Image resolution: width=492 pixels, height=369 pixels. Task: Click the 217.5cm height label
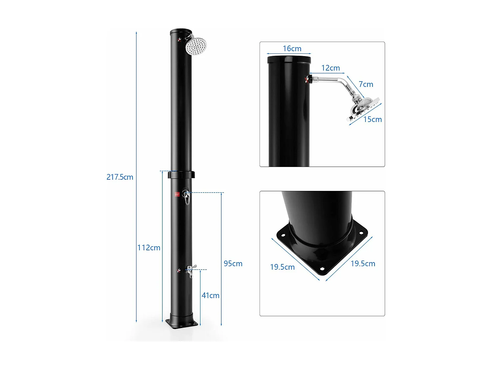coord(120,177)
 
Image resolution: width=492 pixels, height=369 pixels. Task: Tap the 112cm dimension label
coord(149,248)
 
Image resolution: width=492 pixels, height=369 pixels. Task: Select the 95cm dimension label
coord(233,264)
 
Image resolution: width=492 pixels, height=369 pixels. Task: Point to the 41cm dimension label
coord(210,296)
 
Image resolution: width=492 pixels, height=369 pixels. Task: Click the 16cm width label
coord(292,49)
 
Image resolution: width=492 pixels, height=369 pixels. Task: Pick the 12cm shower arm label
coord(330,68)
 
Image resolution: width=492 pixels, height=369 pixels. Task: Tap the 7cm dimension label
coord(366,84)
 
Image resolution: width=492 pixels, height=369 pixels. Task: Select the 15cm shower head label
coord(372,119)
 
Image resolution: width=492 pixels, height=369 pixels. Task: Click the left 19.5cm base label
coord(282,267)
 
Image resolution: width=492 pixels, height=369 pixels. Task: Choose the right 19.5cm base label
coord(363,264)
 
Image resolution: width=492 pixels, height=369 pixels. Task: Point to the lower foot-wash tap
coord(190,271)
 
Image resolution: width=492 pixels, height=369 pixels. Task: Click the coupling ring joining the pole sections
coord(181,175)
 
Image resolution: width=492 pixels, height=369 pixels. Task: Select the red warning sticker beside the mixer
coord(177,195)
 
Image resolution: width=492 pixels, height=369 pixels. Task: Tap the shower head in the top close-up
coord(362,108)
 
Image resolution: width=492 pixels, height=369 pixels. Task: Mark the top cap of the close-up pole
coord(289,60)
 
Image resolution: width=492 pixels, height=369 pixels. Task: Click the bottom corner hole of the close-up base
coord(322,269)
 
